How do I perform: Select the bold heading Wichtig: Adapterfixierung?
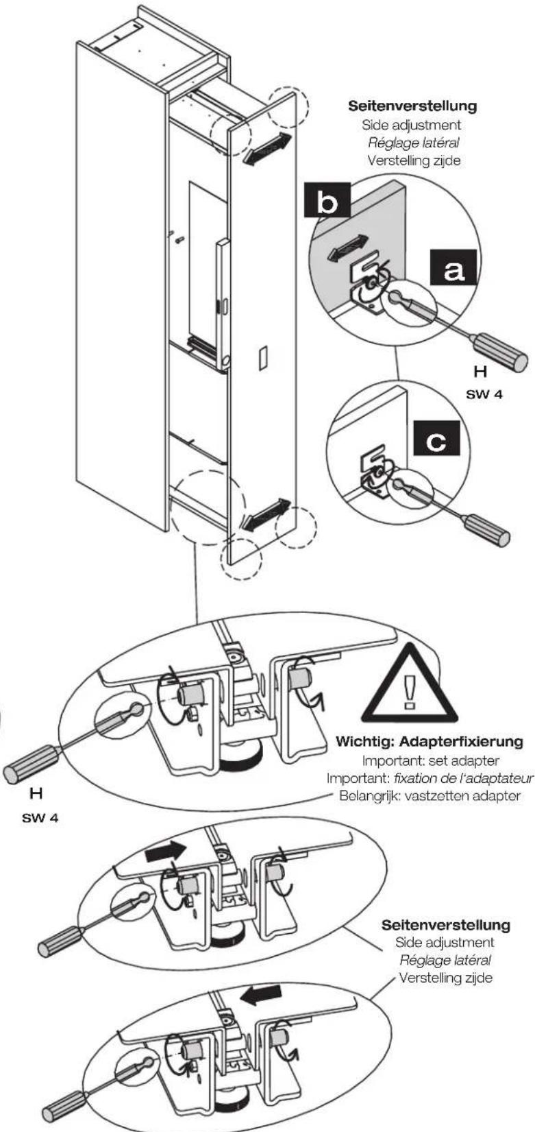pyautogui.click(x=430, y=742)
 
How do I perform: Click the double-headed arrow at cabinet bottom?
pyautogui.click(x=266, y=514)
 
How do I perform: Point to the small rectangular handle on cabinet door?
pyautogui.click(x=261, y=359)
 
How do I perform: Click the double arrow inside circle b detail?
pyautogui.click(x=348, y=248)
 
